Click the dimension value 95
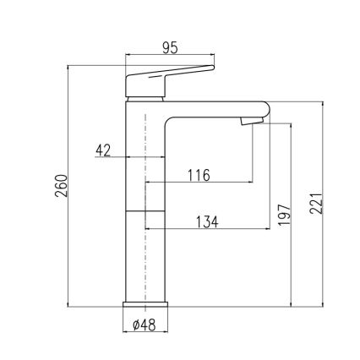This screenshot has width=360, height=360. [x=170, y=48]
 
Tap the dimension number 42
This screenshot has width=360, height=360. [x=104, y=150]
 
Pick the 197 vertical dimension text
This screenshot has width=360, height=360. [x=282, y=215]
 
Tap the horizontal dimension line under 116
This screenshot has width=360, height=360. [x=199, y=183]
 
